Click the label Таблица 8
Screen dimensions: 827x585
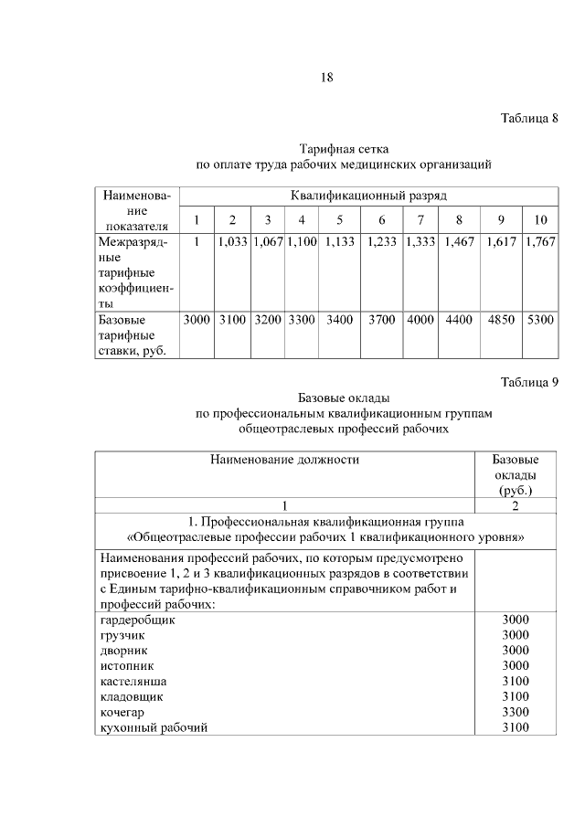click(x=530, y=119)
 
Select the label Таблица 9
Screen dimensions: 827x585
click(x=530, y=381)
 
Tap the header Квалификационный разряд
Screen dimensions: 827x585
click(x=368, y=196)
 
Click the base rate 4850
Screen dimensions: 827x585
click(x=501, y=321)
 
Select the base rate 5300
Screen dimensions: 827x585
click(x=539, y=321)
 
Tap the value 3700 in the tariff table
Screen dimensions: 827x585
click(x=381, y=321)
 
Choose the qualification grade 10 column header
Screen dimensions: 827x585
click(x=539, y=220)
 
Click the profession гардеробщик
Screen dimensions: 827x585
click(x=137, y=620)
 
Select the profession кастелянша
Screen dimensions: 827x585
click(x=133, y=681)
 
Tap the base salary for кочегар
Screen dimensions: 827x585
click(x=516, y=711)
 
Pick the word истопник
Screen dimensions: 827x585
click(x=126, y=665)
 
